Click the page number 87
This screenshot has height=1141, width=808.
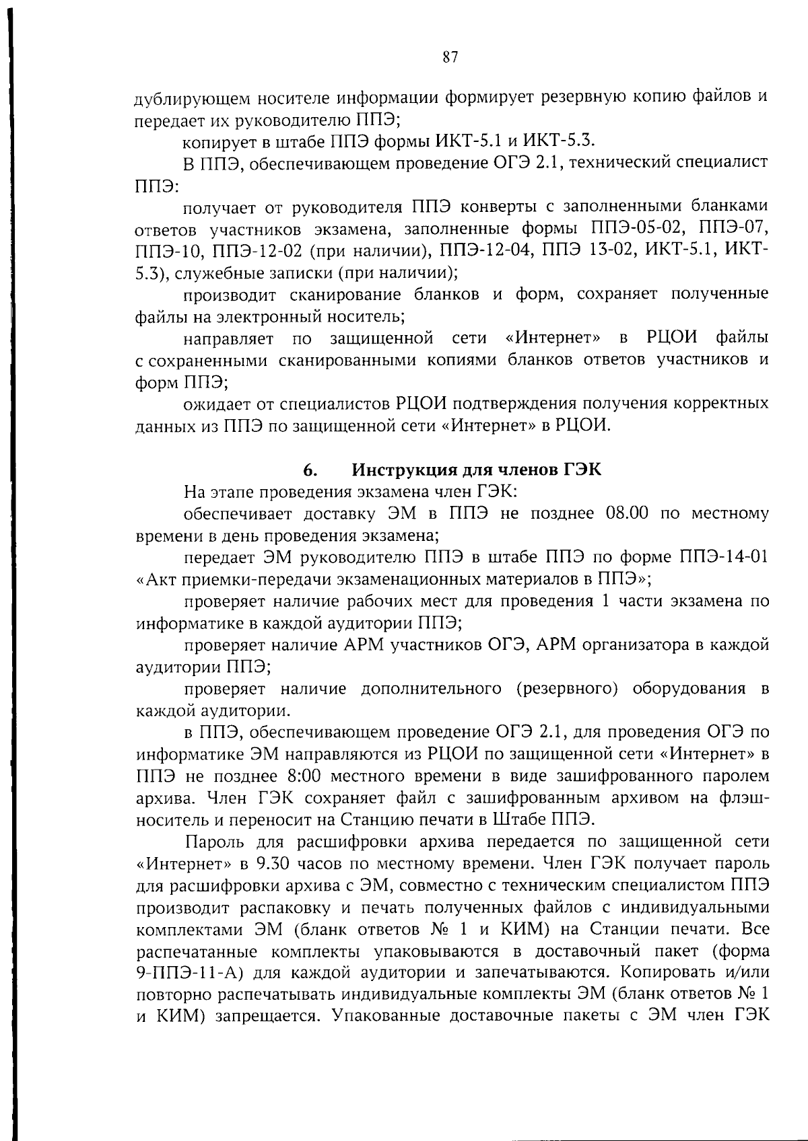450,57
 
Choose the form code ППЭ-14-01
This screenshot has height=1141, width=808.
720,558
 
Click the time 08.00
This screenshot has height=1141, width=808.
627,514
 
